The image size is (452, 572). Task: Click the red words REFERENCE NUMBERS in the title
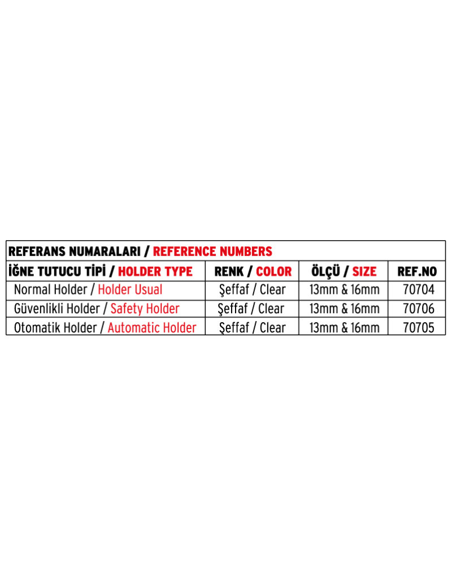tap(212, 252)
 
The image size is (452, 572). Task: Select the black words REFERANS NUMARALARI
tap(75, 252)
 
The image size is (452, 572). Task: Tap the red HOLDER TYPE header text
tap(155, 271)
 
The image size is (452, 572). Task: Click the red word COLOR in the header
tap(274, 271)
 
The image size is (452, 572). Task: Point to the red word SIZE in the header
tap(364, 271)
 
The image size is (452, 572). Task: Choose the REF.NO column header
tap(417, 271)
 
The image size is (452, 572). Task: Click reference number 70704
tap(419, 289)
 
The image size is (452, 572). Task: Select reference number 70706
tap(419, 309)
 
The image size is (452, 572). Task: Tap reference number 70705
tap(419, 328)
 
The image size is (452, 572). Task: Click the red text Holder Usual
tap(130, 289)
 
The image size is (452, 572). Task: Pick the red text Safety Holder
tap(145, 309)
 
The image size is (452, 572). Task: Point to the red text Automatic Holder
tap(152, 328)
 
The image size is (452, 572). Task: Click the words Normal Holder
tap(51, 289)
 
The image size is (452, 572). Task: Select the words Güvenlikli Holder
tap(57, 309)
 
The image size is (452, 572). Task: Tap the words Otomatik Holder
tap(55, 328)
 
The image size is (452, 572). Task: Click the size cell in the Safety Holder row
tap(345, 309)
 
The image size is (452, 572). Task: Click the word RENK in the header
tap(229, 271)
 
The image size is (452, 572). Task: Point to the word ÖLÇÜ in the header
tap(325, 271)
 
